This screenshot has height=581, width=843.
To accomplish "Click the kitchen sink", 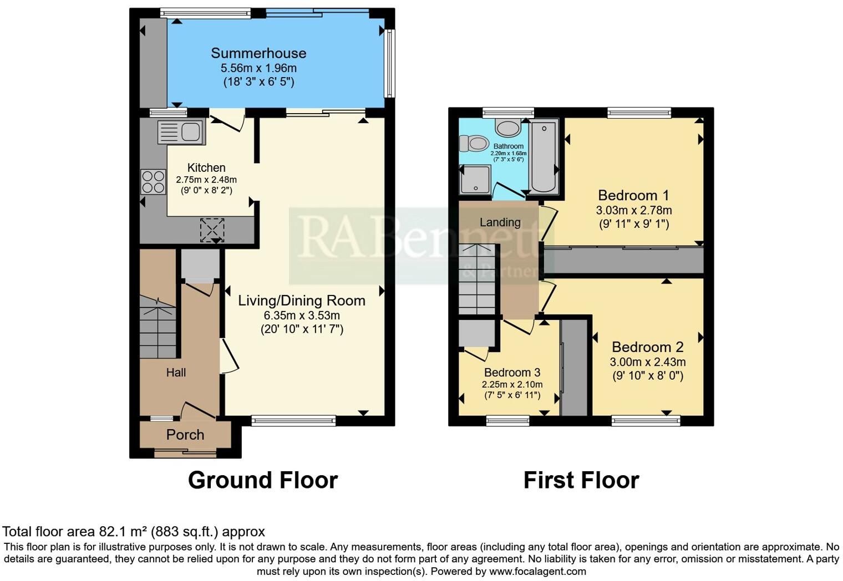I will [181, 132].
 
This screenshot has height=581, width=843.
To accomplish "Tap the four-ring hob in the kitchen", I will [153, 182].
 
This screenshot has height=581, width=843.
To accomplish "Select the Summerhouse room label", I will [258, 53].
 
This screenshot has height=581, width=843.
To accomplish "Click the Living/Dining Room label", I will [302, 300].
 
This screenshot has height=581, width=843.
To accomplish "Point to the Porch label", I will [185, 435].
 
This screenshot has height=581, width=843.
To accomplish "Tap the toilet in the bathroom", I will [472, 144].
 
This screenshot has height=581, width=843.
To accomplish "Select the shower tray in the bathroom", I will [475, 180].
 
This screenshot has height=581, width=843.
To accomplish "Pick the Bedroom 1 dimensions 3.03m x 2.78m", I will [633, 211].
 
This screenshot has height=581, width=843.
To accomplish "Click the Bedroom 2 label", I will [647, 347].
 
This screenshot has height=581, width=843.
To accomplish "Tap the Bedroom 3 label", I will [512, 373].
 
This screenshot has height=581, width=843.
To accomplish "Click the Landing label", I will [500, 222].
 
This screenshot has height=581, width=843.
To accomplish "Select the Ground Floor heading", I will [263, 480].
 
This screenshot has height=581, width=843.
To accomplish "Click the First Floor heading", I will [581, 480].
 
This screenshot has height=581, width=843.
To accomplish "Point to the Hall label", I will [176, 373].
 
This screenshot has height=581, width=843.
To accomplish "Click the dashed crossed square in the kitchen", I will [212, 230].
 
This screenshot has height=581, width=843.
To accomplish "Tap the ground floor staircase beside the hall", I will [158, 327].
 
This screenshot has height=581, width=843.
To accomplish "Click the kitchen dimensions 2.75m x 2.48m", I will [206, 180].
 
